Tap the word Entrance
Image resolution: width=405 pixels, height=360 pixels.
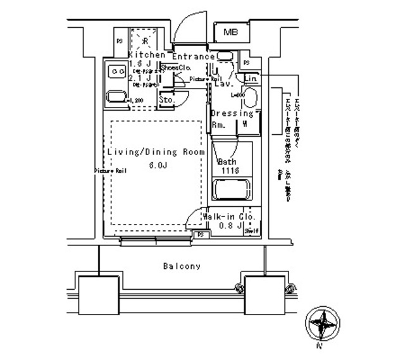point(194,56)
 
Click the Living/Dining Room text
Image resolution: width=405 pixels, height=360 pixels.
point(156,152)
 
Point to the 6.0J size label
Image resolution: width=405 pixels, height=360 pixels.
point(158,166)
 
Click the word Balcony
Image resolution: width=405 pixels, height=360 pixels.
point(180,266)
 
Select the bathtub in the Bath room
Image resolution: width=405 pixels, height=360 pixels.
point(232,189)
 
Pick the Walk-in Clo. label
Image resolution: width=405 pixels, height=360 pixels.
point(229,217)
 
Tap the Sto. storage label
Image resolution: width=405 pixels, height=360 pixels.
point(166,100)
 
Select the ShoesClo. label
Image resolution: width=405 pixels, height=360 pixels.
point(177,68)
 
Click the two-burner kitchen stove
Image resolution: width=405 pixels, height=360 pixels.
point(117,71)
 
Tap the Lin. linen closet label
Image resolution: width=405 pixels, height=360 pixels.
point(251,78)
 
